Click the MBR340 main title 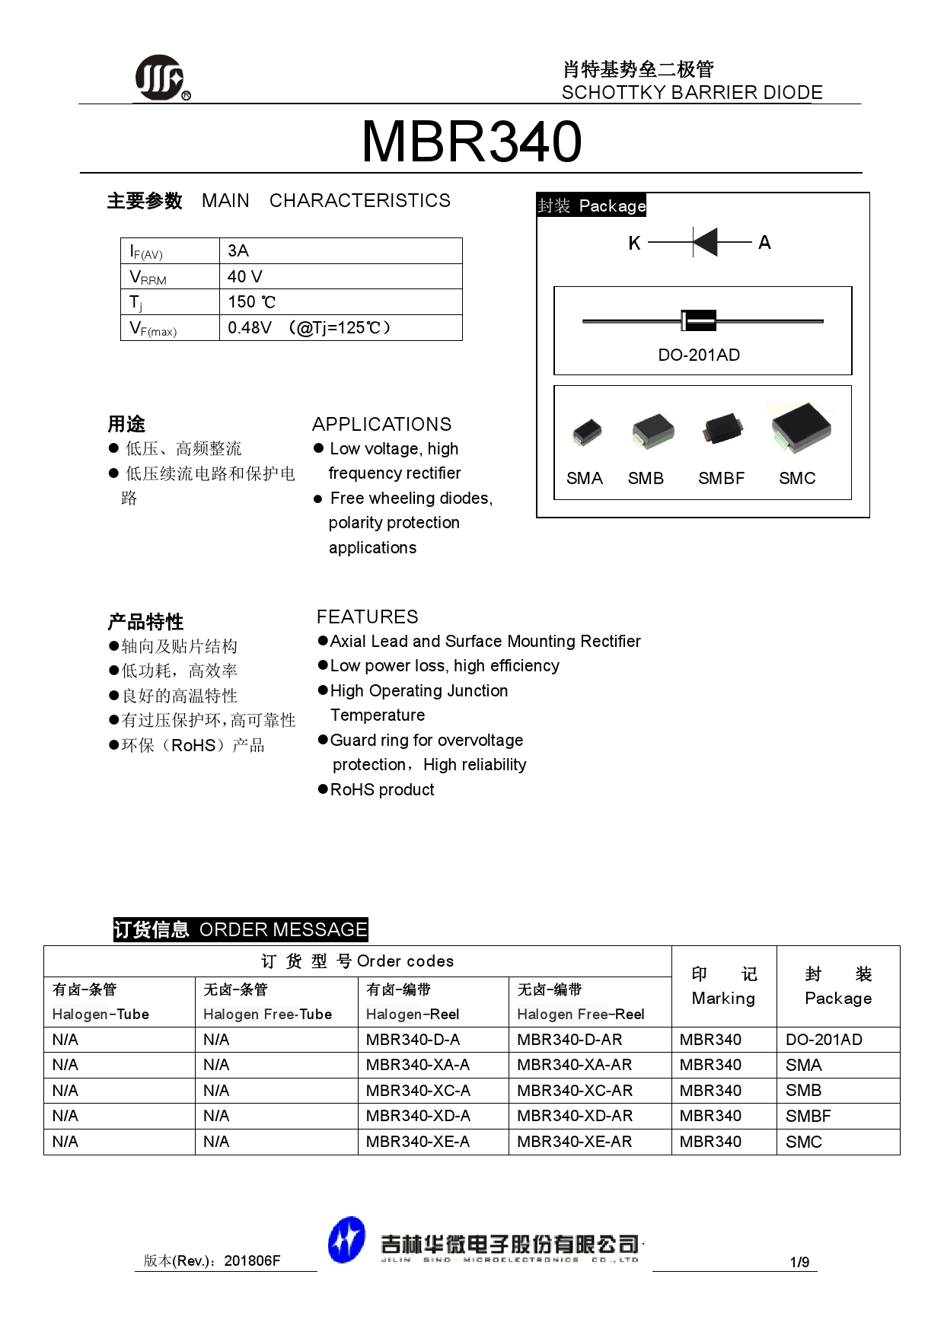point(471,142)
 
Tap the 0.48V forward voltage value point(250,327)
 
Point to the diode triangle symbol point(706,242)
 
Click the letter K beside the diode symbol point(634,243)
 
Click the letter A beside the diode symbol point(764,242)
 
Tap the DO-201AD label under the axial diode point(698,355)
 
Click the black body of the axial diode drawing point(699,320)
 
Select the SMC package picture point(800,428)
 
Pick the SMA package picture point(587,432)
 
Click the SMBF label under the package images point(720,478)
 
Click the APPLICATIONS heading point(381,424)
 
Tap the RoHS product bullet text point(381,789)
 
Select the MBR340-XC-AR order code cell point(575,1090)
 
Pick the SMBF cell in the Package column point(808,1116)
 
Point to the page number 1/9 point(799,1262)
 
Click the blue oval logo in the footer point(346,1240)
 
